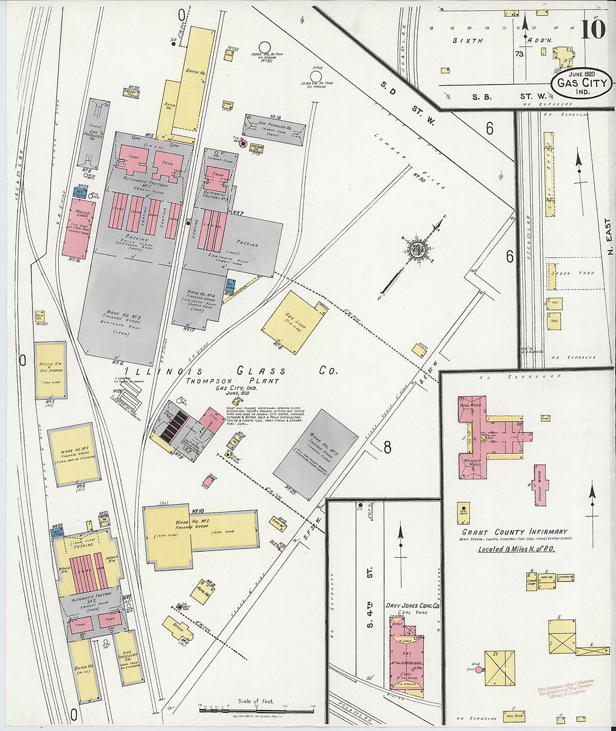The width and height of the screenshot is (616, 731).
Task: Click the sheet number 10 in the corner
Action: coord(592,29)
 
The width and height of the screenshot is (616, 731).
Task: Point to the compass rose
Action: coord(416,249)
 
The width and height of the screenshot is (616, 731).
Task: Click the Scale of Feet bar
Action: coord(256,710)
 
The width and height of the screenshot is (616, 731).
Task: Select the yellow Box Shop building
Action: coord(293,322)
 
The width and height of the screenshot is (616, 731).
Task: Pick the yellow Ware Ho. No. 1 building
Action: coord(74,454)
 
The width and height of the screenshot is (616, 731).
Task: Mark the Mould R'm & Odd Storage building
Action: coord(50,370)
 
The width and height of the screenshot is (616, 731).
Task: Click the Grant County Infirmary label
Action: coord(514,532)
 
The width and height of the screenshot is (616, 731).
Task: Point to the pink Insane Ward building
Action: coord(540,485)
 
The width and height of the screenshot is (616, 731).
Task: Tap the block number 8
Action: coord(387,446)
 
